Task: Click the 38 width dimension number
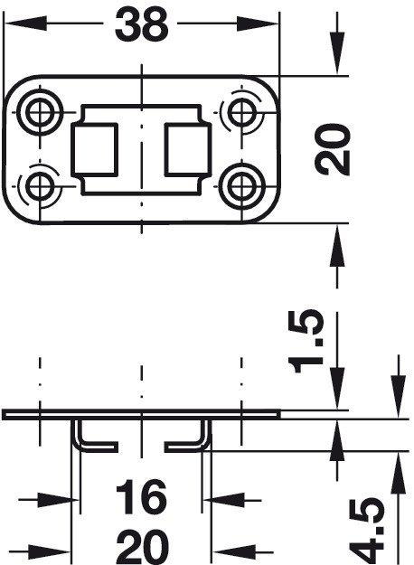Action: tap(142, 24)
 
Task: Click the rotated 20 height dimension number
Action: tap(332, 149)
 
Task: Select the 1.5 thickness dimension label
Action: tap(307, 341)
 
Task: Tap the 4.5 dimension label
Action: tap(369, 531)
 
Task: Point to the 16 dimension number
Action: tap(141, 497)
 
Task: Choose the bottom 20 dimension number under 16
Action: tap(143, 547)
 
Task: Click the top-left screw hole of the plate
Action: tap(40, 113)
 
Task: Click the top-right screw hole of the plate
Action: tap(241, 113)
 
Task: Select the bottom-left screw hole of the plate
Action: tap(40, 186)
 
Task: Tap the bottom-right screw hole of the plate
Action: tap(241, 186)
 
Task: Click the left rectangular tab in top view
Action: tap(94, 149)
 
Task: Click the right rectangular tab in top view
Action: tap(187, 149)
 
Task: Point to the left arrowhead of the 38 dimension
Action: tap(25, 24)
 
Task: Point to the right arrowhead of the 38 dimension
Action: tap(258, 24)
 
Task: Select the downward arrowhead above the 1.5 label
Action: tap(337, 389)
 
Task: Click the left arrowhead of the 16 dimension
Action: tap(59, 500)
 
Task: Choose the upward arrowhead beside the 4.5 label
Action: tap(398, 473)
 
